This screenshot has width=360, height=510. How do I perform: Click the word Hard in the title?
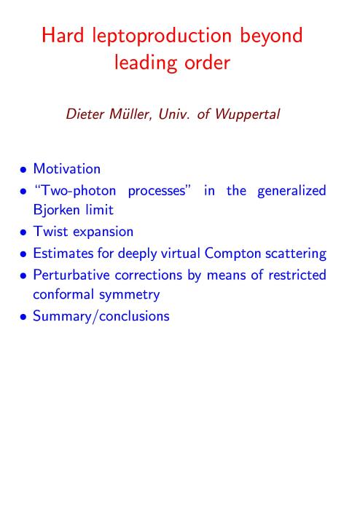(x=63, y=35)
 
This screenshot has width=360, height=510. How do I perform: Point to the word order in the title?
(x=207, y=62)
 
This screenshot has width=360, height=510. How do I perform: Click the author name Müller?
(x=131, y=114)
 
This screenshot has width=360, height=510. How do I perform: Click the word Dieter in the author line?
(x=85, y=114)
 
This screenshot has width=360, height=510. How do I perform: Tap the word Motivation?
(x=66, y=169)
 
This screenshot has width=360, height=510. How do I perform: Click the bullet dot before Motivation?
(x=23, y=170)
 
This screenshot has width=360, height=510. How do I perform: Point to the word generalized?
(x=291, y=191)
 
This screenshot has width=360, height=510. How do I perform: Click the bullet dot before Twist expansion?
(x=23, y=233)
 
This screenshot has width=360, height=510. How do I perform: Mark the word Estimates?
(x=63, y=254)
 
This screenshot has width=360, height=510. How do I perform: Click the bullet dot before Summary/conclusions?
(x=23, y=318)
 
